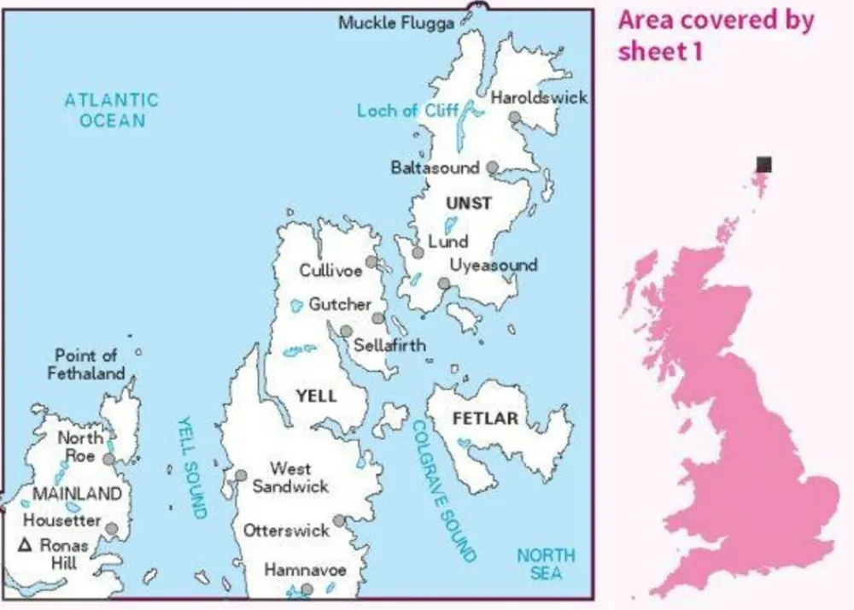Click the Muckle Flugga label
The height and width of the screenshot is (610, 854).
pyautogui.click(x=395, y=23)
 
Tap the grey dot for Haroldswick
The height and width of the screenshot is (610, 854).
pyautogui.click(x=515, y=118)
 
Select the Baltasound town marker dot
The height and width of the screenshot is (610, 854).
pyautogui.click(x=493, y=167)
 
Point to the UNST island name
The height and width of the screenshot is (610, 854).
pyautogui.click(x=469, y=203)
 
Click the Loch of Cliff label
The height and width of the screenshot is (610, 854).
pyautogui.click(x=408, y=110)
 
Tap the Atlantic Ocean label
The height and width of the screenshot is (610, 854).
pyautogui.click(x=112, y=110)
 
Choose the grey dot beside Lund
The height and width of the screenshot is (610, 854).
pyautogui.click(x=418, y=252)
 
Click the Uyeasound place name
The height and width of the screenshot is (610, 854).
pyautogui.click(x=493, y=265)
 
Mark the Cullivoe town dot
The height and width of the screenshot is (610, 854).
pyautogui.click(x=371, y=261)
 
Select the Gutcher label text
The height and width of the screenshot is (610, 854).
pyautogui.click(x=340, y=304)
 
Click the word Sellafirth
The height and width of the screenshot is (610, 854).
pyautogui.click(x=389, y=346)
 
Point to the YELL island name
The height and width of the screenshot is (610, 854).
pyautogui.click(x=315, y=396)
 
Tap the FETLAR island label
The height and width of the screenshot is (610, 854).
pyautogui.click(x=485, y=419)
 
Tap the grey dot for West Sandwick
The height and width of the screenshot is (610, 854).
pyautogui.click(x=242, y=476)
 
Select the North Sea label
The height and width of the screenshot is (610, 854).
pyautogui.click(x=546, y=564)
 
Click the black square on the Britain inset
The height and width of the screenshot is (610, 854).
pyautogui.click(x=764, y=164)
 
